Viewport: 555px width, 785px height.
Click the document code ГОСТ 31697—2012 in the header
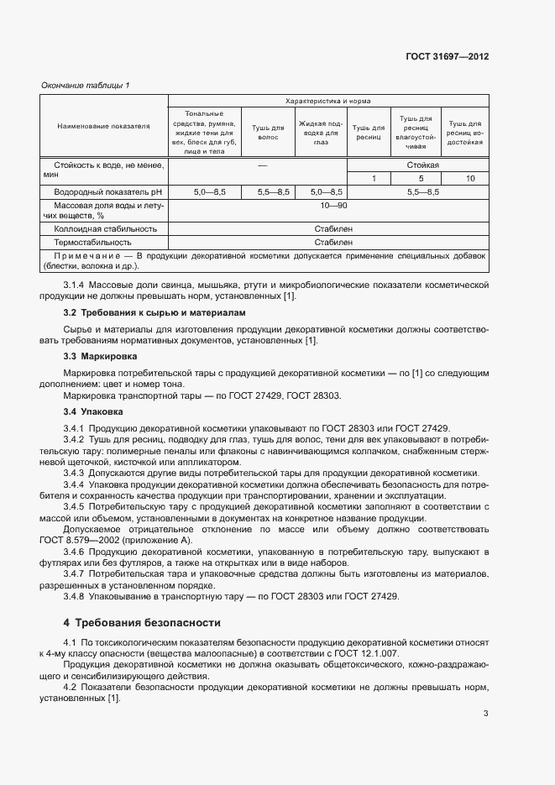click(447, 57)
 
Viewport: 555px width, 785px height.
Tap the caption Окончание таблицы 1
click(86, 86)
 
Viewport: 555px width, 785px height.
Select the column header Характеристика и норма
click(329, 101)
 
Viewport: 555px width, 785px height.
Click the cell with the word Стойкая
click(422, 166)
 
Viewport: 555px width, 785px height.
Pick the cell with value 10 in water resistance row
click(469, 179)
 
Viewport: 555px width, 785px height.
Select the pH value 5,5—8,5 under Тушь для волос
click(266, 192)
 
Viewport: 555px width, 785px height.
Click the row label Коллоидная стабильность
click(105, 228)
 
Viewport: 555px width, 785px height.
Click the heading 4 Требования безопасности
click(142, 623)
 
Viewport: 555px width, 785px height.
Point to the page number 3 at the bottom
click(486, 714)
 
